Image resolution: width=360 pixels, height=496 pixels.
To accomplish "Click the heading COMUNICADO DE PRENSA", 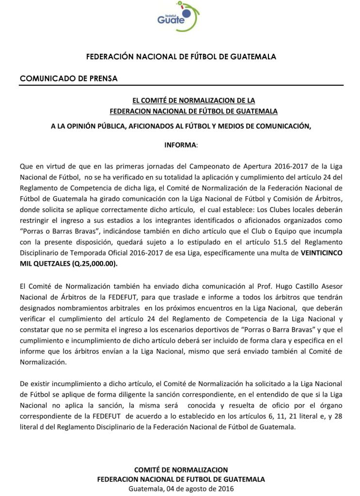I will pos(68,78).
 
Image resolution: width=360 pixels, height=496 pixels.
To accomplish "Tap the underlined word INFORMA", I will pos(180,145).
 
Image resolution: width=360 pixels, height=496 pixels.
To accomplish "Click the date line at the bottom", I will pos(181,489).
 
